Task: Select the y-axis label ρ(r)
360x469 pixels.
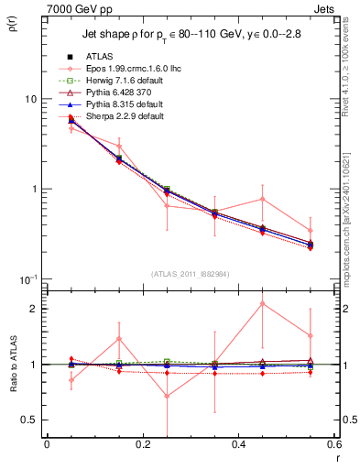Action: click(x=15, y=23)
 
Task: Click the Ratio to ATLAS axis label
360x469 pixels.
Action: click(x=14, y=364)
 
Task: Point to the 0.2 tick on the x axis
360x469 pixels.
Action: click(x=142, y=444)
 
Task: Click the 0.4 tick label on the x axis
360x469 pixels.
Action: click(x=238, y=444)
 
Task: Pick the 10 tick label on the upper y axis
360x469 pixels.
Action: click(x=29, y=99)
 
